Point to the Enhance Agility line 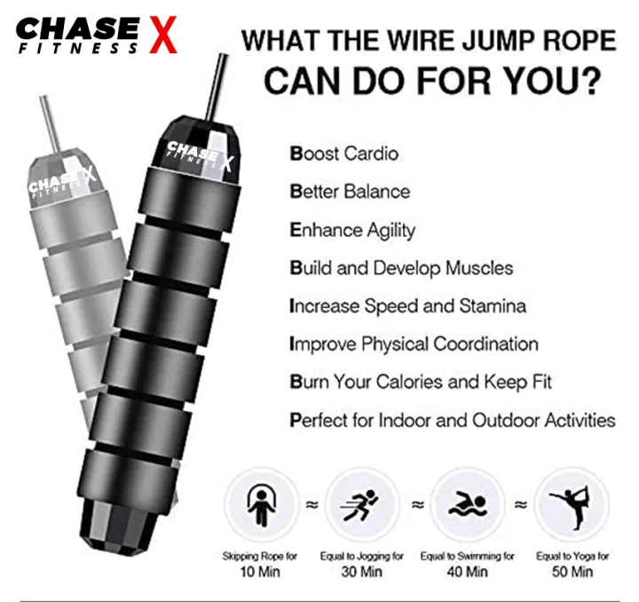point(352,230)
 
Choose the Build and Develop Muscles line point(401,267)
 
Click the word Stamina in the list point(492,305)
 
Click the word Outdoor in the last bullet point(501,419)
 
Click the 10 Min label point(259,572)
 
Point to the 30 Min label point(362,572)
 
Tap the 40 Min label point(467,572)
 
